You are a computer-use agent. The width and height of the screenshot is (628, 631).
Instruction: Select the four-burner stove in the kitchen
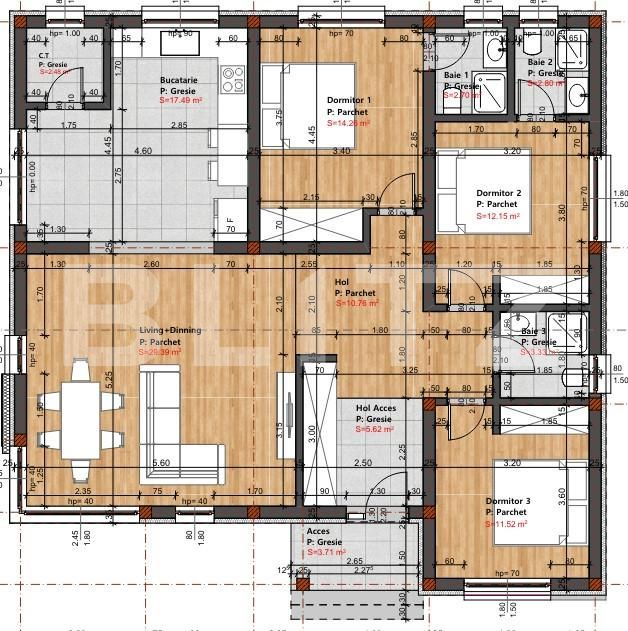[232, 78]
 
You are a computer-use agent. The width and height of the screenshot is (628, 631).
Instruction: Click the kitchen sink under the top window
[180, 45]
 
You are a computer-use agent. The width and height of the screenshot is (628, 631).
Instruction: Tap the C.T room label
[46, 56]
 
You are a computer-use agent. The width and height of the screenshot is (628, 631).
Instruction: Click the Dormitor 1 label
[349, 100]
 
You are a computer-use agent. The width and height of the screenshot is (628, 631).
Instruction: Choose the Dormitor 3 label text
[507, 501]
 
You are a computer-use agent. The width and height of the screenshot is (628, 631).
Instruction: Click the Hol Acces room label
[376, 408]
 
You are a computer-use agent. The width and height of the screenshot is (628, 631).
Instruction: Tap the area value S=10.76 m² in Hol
[357, 303]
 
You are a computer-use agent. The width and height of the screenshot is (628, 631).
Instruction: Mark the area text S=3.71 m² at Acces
[326, 552]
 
